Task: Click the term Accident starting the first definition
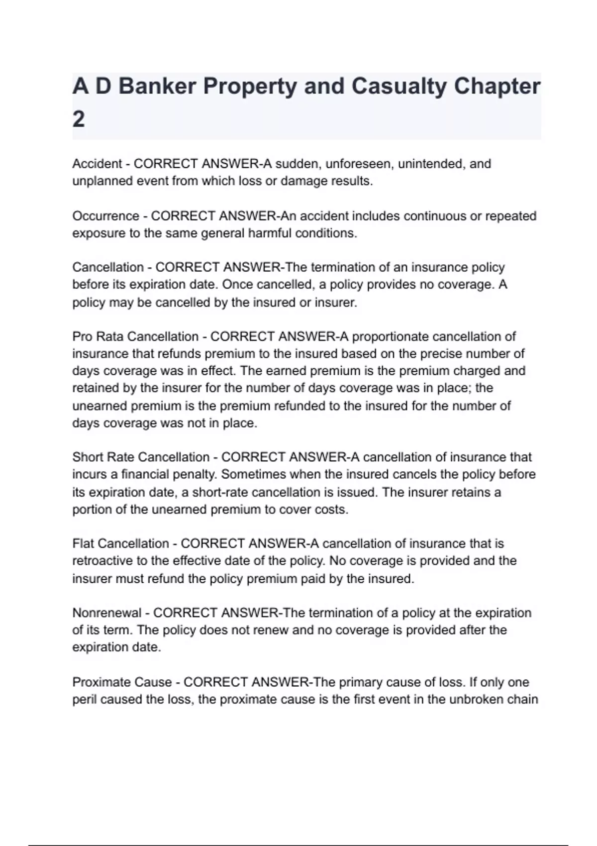click(x=97, y=164)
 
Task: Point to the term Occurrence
click(x=105, y=216)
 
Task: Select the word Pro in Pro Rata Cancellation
click(x=82, y=336)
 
